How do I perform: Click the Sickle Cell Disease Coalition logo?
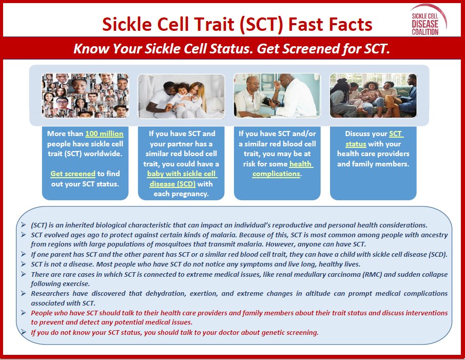(428, 21)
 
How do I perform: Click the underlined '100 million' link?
(104, 134)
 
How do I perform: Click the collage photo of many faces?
(85, 96)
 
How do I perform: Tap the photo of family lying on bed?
(181, 96)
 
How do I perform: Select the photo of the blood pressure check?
(277, 96)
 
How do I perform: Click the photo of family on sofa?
(373, 96)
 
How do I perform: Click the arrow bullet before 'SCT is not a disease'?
(24, 264)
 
